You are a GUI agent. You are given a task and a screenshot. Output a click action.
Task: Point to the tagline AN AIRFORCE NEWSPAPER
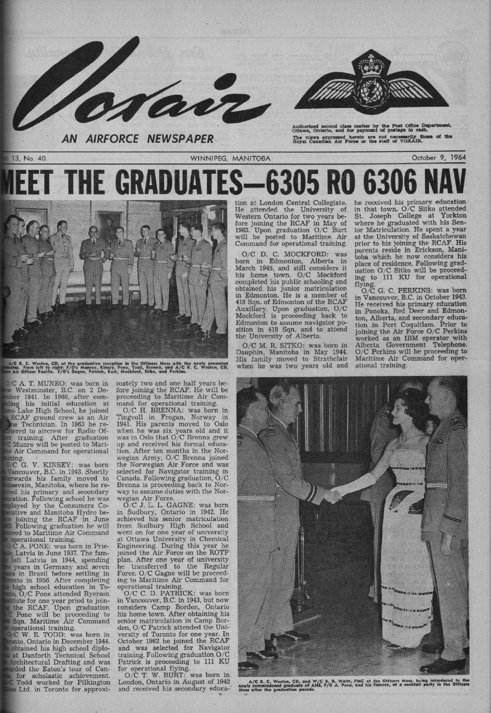click(x=138, y=139)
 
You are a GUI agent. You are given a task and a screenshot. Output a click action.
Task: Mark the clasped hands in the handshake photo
click(x=333, y=495)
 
